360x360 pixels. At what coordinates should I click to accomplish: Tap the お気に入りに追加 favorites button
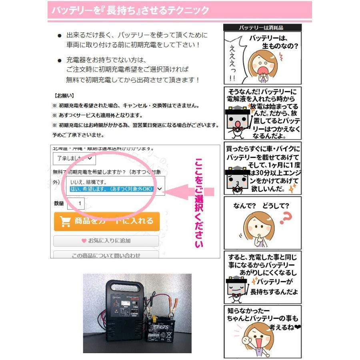point(106,241)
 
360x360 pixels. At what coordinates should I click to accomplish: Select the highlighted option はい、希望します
point(111,189)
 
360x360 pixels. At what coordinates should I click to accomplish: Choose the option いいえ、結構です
point(86,182)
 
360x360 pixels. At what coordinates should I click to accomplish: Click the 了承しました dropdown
point(74,158)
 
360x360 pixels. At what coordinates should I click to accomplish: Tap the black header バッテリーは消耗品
point(262,28)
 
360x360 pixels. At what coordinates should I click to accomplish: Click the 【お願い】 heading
point(64,96)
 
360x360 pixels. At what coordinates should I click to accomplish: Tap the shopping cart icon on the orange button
point(65,221)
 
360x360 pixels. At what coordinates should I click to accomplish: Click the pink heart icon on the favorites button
point(84,241)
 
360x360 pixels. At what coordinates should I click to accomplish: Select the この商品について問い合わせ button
point(106,255)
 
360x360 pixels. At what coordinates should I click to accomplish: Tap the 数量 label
point(59,204)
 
